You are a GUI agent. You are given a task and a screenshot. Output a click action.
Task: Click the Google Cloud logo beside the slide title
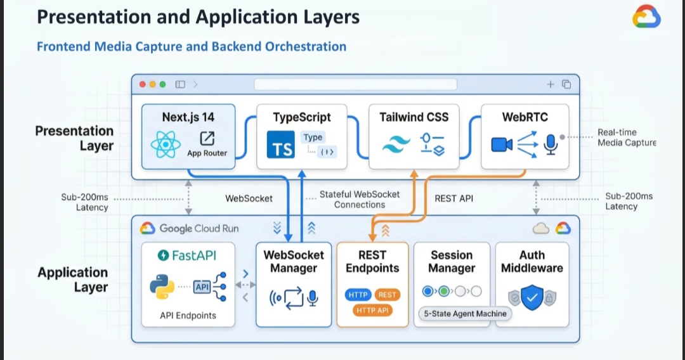coord(646,17)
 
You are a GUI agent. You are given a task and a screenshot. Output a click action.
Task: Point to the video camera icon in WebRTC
coord(502,146)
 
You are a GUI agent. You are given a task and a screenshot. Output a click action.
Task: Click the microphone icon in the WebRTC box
coord(551,146)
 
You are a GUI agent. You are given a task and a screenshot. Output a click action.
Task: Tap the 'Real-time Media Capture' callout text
coord(626,138)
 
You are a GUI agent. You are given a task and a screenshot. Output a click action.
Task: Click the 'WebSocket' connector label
coord(249,198)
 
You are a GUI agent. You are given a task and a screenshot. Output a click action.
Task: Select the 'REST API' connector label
coord(453,198)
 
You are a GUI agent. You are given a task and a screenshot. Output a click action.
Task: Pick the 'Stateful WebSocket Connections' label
coord(360,199)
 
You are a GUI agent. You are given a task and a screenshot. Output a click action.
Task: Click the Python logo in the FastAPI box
coord(162,286)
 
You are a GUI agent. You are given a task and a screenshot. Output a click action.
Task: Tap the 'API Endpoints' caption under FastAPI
coord(187,315)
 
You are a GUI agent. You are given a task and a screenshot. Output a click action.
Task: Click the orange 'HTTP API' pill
coord(372,310)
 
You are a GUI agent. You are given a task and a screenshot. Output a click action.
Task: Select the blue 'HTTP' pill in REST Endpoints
coord(358,295)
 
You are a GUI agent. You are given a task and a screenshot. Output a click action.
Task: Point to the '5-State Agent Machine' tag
coord(465,313)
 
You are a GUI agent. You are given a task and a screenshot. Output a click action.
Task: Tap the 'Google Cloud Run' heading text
coord(199,228)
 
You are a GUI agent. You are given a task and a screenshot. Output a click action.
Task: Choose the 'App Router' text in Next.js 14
coord(207,153)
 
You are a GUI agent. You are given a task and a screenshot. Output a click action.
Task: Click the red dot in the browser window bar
coord(143,84)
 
